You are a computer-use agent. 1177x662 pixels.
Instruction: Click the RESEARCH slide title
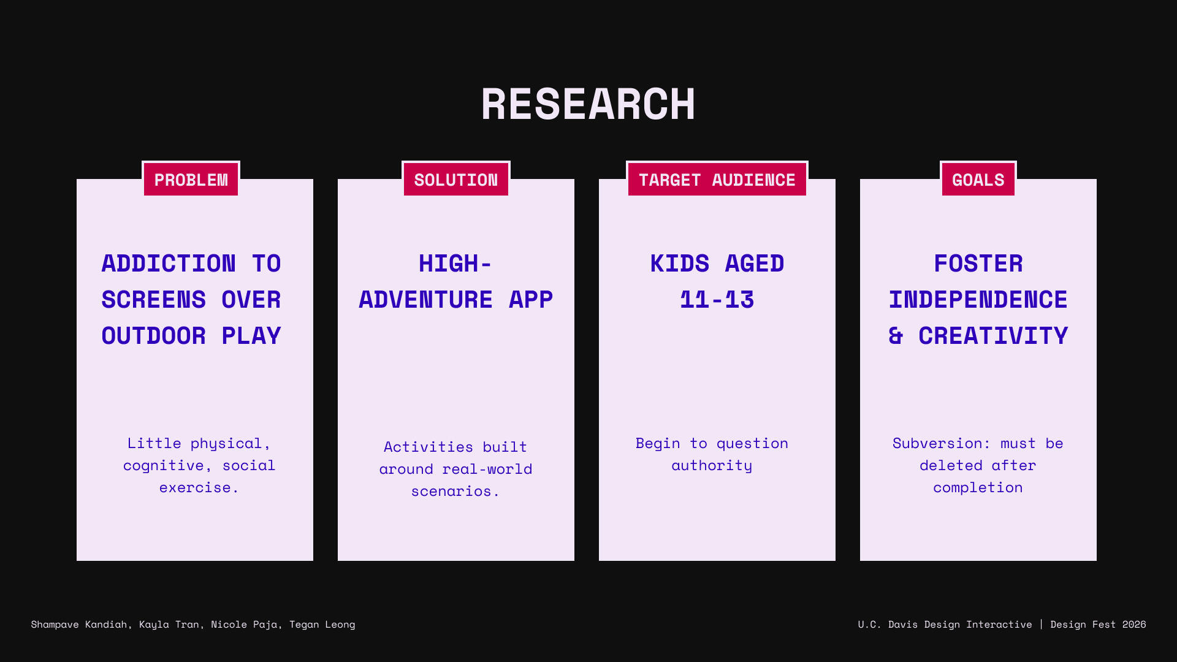pyautogui.click(x=588, y=104)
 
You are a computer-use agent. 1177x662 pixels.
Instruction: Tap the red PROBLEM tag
pyautogui.click(x=191, y=179)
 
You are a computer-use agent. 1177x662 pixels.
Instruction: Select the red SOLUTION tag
pyautogui.click(x=456, y=179)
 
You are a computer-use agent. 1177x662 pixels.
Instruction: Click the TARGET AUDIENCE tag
pyautogui.click(x=717, y=179)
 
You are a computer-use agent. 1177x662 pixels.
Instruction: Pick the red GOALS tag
pyautogui.click(x=978, y=179)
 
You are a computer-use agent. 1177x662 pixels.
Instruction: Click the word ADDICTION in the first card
pyautogui.click(x=169, y=264)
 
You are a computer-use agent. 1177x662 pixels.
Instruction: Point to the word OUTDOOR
pyautogui.click(x=154, y=336)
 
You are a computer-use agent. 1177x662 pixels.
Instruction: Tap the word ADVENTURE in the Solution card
pyautogui.click(x=426, y=300)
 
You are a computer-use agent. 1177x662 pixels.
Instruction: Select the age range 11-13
pyautogui.click(x=717, y=300)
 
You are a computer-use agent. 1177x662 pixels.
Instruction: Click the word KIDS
pyautogui.click(x=680, y=264)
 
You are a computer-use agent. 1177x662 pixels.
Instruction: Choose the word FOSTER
pyautogui.click(x=978, y=264)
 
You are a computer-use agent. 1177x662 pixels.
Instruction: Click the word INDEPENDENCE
pyautogui.click(x=978, y=300)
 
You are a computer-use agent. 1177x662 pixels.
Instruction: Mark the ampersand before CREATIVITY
pyautogui.click(x=896, y=336)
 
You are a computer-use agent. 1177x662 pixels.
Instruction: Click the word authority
pyautogui.click(x=712, y=465)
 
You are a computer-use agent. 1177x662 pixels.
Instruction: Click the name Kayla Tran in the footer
pyautogui.click(x=169, y=624)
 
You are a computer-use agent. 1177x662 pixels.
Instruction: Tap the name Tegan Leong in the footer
pyautogui.click(x=322, y=624)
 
